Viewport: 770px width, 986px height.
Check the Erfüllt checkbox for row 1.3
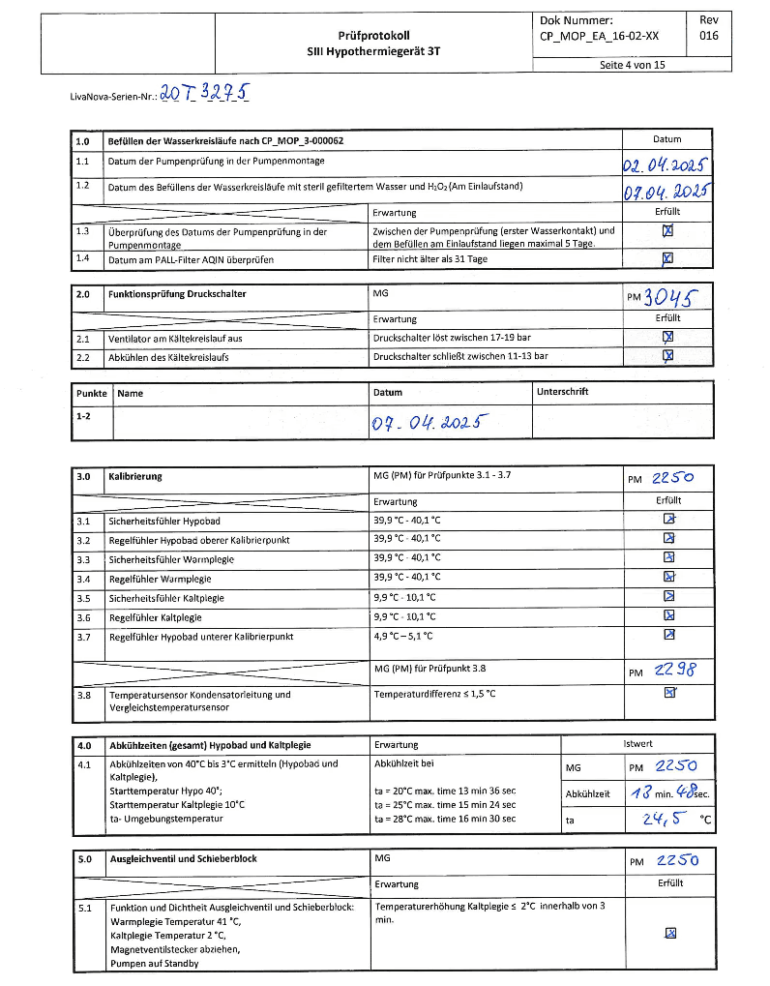667,231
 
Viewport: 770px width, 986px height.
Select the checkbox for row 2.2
667,355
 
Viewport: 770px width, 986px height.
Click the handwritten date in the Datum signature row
429,423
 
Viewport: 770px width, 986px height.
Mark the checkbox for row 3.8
668,693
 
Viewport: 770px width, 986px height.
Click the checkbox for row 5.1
669,933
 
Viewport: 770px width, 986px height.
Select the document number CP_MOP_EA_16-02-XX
599,36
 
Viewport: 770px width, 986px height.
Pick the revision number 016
708,36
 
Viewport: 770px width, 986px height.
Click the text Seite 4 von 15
632,65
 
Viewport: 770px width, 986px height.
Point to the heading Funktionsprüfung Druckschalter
177,293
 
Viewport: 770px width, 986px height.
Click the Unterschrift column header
562,392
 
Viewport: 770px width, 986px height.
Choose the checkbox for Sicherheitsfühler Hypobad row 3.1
668,520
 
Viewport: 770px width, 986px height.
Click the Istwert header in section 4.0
637,743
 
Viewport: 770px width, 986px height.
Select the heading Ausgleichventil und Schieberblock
183,858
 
